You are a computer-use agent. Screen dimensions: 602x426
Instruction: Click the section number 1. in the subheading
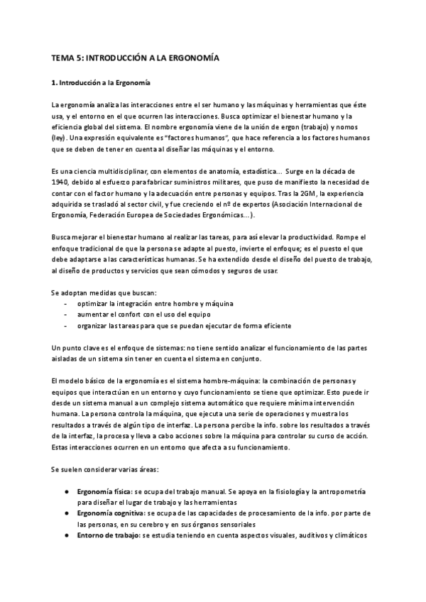(x=55, y=83)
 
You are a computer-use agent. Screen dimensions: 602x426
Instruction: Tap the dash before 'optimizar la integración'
(x=65, y=302)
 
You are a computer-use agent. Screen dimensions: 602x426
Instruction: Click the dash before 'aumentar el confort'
(x=65, y=314)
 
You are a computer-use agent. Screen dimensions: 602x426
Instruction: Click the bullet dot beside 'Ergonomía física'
(x=66, y=491)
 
